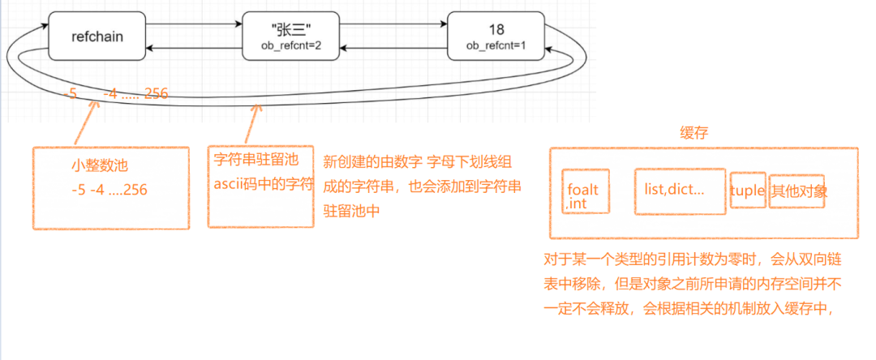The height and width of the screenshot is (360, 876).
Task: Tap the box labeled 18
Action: tap(495, 36)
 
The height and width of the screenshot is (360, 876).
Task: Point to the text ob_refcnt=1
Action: tap(496, 46)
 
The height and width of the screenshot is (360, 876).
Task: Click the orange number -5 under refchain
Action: tap(71, 93)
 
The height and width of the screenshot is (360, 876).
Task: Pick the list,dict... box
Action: tap(680, 191)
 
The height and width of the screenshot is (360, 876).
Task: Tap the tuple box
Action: tap(747, 191)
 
